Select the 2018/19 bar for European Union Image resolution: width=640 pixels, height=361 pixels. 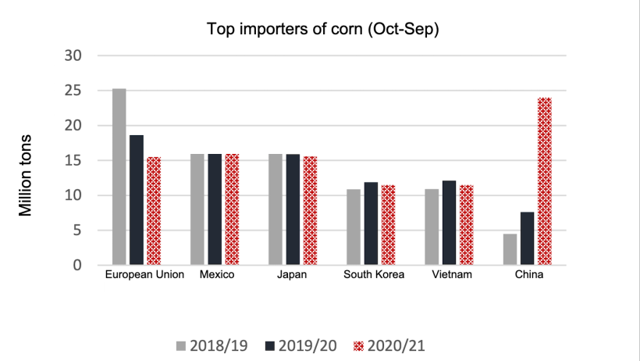[119, 177]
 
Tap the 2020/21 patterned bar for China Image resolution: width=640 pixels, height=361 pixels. [544, 181]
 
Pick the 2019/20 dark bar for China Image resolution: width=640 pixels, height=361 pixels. [527, 238]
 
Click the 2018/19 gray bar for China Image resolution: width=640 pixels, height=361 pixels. [510, 249]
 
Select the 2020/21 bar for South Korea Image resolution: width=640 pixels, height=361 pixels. [388, 225]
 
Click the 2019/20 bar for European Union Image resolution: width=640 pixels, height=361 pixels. [137, 200]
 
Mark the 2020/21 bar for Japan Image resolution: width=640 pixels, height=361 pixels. [310, 210]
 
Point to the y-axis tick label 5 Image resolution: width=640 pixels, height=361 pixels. [78, 231]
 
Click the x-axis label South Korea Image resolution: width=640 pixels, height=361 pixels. [374, 275]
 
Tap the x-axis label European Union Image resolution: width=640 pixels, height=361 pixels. [144, 275]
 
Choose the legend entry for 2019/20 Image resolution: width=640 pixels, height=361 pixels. [300, 344]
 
